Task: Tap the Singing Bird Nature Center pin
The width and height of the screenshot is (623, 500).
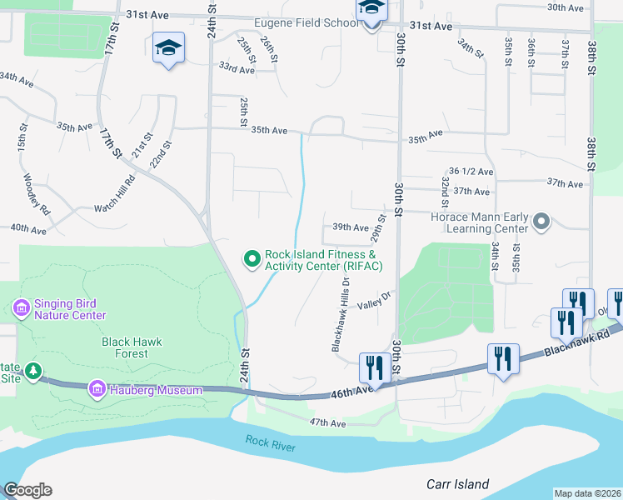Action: click(22, 309)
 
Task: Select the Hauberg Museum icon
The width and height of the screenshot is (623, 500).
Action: click(97, 389)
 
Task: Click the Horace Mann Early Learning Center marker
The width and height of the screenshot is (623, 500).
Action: click(542, 222)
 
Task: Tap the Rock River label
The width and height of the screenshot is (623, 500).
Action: click(271, 444)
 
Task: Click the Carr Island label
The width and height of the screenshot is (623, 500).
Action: click(457, 484)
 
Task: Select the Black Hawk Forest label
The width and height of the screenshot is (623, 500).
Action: click(132, 347)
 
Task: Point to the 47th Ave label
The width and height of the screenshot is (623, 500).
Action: click(326, 423)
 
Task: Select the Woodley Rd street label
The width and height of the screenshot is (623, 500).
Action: click(34, 195)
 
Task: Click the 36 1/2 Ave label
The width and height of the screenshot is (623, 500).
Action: click(471, 171)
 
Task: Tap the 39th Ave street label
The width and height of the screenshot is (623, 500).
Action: click(350, 227)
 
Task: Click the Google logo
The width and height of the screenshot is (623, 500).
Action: click(27, 490)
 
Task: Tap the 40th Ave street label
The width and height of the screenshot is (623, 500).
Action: click(27, 227)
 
